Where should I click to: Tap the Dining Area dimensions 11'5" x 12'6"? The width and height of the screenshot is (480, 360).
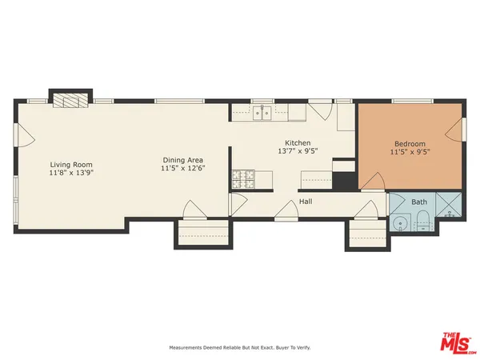(183, 169)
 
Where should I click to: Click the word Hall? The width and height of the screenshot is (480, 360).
(305, 202)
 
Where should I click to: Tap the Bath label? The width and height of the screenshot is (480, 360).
(420, 202)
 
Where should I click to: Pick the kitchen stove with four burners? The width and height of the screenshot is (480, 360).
(242, 178)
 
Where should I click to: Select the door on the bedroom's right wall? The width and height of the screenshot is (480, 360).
(459, 128)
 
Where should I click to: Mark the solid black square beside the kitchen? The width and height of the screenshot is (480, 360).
(344, 175)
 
